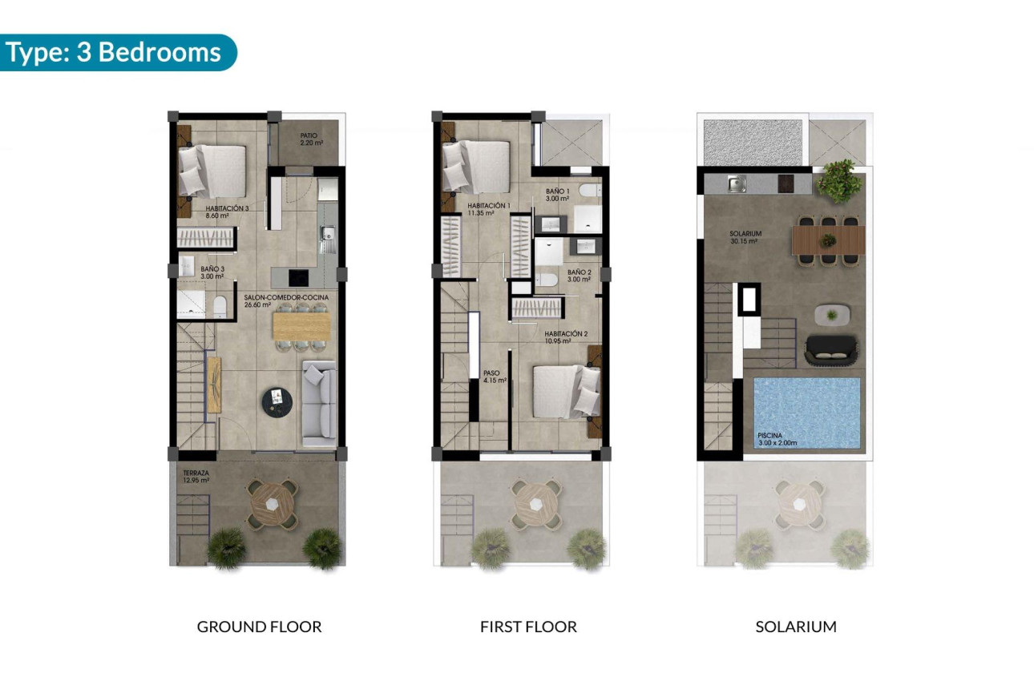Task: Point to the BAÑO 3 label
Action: point(212,272)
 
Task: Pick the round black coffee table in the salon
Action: point(277,400)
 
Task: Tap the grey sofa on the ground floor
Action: point(319,403)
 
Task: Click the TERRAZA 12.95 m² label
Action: point(196,478)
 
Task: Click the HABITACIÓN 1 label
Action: point(488,210)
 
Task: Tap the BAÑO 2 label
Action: point(579,276)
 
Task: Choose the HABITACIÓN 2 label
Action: point(567,337)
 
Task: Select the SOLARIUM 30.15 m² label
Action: point(744,237)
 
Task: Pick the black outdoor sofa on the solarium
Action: point(830,350)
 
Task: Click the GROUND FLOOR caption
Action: point(259,627)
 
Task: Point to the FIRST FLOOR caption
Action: point(528,627)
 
